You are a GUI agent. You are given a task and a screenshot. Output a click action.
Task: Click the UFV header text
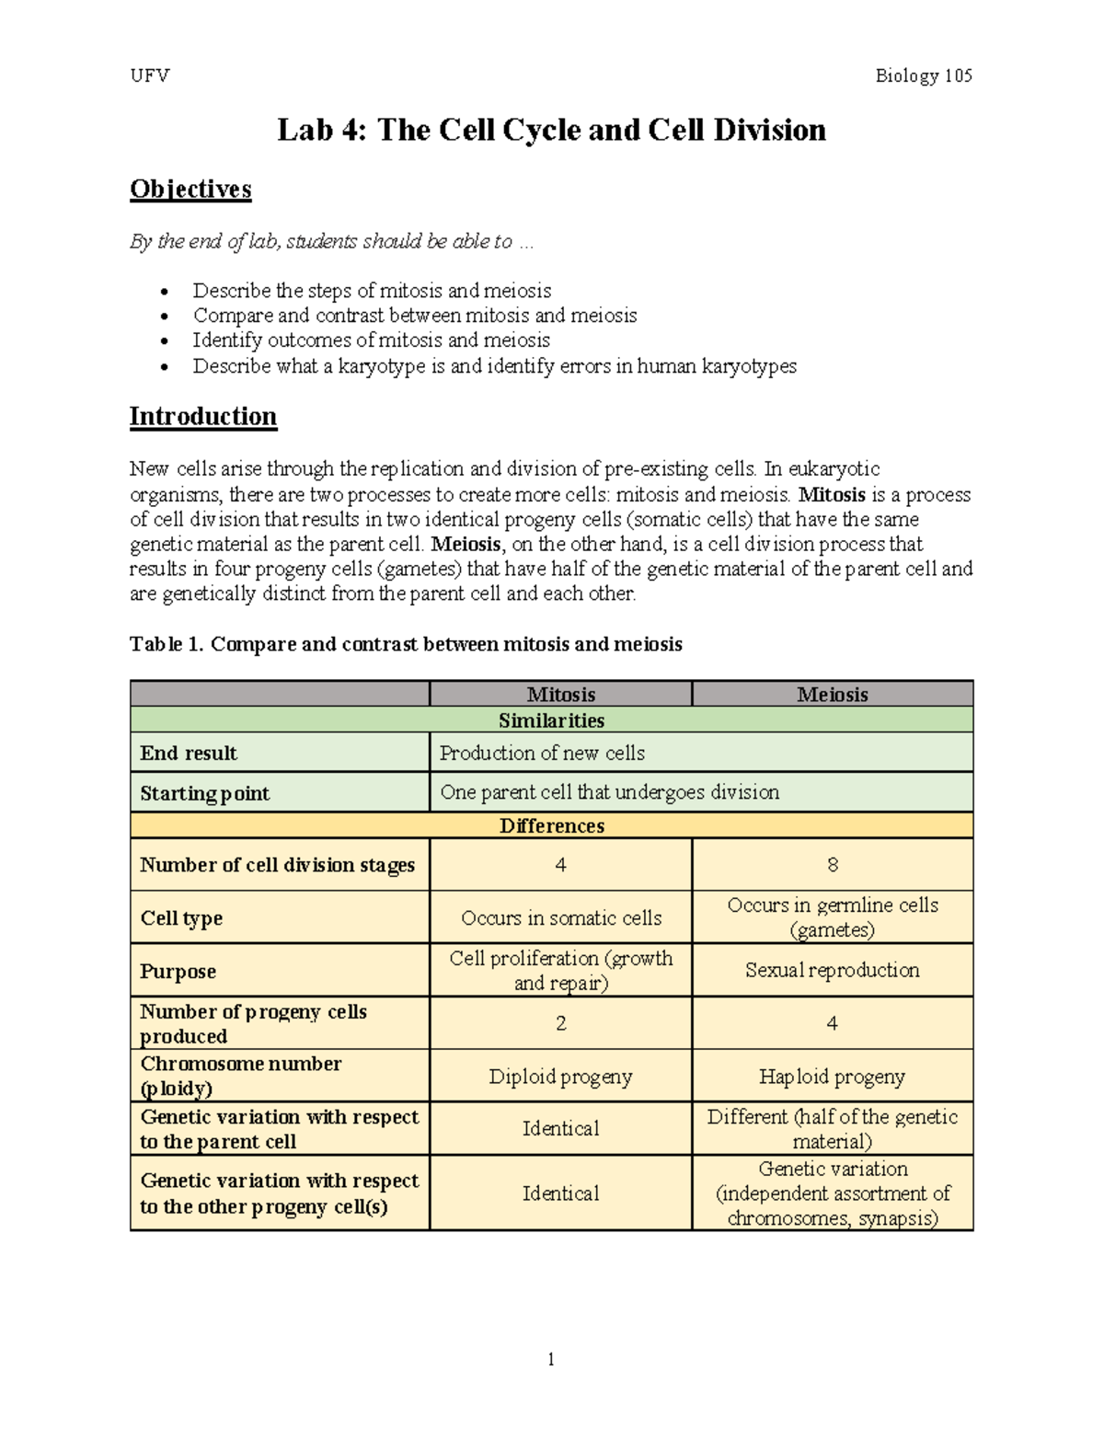(x=150, y=75)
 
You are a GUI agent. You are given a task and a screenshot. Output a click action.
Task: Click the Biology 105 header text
(x=923, y=75)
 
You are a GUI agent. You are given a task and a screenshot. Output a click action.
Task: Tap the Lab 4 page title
(x=551, y=130)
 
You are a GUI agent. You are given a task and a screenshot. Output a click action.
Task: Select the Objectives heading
(x=190, y=189)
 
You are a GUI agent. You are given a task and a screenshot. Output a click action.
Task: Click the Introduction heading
(x=202, y=416)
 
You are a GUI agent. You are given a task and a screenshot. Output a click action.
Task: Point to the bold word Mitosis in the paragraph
(x=831, y=494)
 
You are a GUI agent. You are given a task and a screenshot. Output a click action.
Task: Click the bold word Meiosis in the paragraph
(x=466, y=544)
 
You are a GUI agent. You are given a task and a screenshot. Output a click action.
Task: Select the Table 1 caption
(x=406, y=644)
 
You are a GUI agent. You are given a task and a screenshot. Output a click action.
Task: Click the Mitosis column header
(x=560, y=695)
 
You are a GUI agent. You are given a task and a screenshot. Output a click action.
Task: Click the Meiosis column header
(x=832, y=695)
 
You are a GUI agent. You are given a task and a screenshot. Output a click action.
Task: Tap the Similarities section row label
(x=551, y=720)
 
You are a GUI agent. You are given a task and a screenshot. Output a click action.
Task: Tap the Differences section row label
(x=551, y=825)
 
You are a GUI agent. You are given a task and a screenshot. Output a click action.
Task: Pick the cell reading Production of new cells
(x=542, y=753)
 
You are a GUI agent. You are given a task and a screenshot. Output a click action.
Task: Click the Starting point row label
(x=204, y=793)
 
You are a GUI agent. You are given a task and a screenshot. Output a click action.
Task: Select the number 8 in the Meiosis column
(x=832, y=865)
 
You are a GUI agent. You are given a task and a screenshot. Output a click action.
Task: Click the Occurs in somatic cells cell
(x=561, y=917)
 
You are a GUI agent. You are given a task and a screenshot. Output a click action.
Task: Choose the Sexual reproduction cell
(x=832, y=970)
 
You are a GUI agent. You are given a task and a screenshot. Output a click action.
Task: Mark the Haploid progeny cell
(x=832, y=1077)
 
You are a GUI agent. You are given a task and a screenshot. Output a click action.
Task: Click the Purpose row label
(x=178, y=972)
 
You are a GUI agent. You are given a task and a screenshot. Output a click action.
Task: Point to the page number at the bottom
(x=551, y=1359)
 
